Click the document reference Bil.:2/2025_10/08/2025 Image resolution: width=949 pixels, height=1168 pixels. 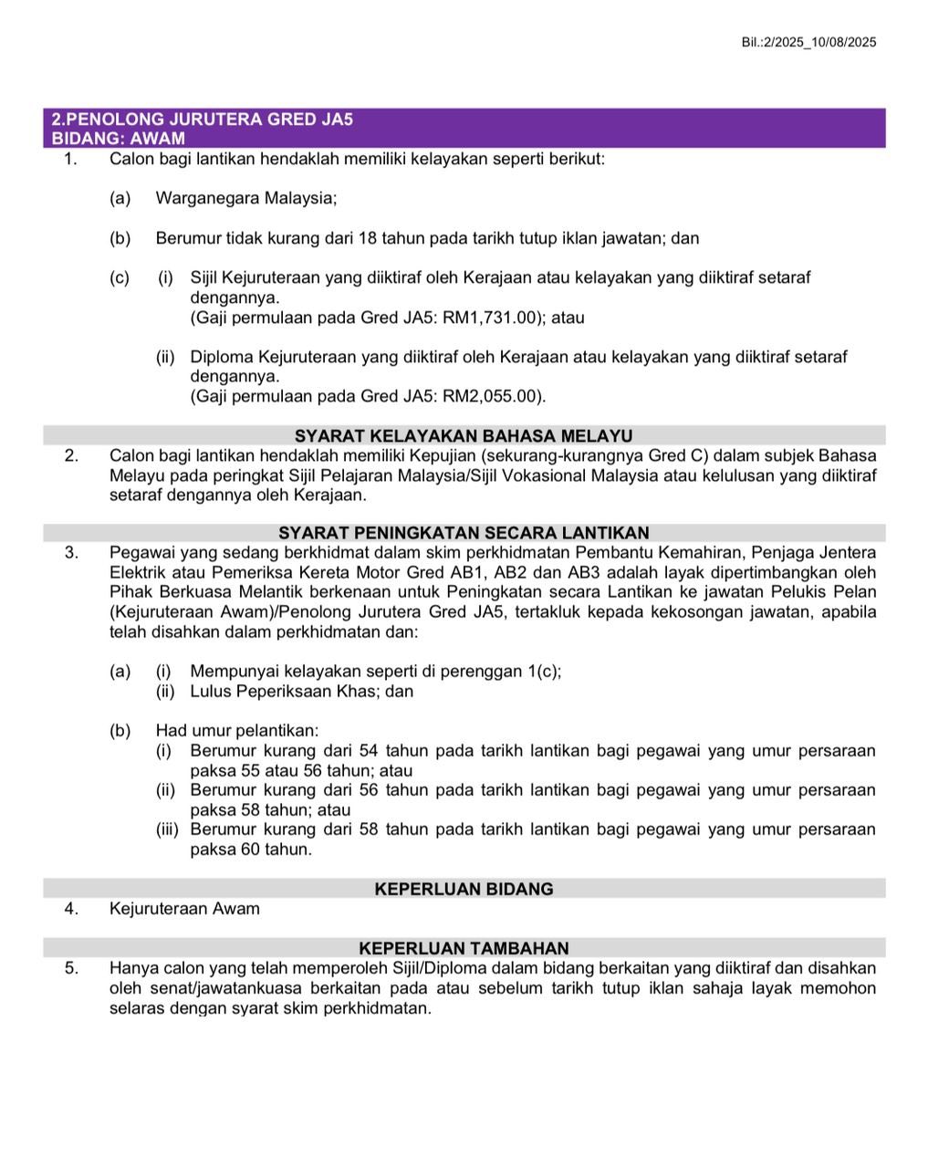(x=809, y=42)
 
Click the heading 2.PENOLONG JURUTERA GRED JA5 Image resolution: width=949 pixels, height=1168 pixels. (x=202, y=120)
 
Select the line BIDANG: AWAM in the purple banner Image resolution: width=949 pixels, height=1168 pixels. (x=118, y=139)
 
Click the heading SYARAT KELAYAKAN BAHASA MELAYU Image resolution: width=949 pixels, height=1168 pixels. (x=464, y=436)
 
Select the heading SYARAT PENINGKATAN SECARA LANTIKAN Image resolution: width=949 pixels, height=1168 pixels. (x=464, y=533)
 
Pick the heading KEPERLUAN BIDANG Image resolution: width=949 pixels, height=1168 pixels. (x=464, y=889)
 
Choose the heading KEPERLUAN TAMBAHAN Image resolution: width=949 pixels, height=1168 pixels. (x=464, y=948)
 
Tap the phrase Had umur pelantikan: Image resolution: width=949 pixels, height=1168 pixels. (x=237, y=731)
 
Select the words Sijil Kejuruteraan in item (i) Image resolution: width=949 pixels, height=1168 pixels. (x=255, y=277)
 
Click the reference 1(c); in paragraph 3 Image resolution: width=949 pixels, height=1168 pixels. (x=545, y=672)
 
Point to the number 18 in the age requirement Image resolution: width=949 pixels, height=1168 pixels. (x=368, y=238)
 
